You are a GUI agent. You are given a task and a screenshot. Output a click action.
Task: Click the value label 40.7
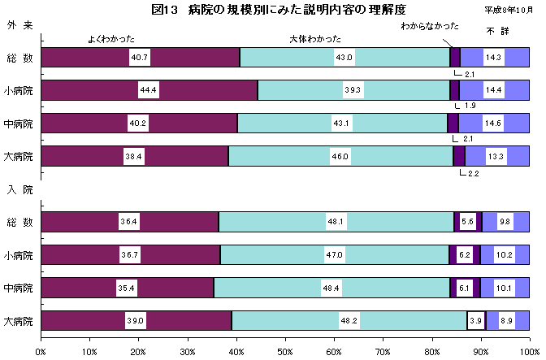139,58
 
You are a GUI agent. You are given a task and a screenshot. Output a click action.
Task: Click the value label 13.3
494,156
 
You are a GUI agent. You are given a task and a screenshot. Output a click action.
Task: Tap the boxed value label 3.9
475,321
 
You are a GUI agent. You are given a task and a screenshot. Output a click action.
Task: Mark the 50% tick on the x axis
285,351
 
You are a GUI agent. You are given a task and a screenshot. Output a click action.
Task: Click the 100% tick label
529,351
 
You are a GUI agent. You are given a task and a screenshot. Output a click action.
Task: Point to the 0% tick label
41,351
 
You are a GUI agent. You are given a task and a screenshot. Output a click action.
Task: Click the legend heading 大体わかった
315,38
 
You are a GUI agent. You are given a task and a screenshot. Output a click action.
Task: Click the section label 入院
20,189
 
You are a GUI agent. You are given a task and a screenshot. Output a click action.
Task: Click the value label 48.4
331,288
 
